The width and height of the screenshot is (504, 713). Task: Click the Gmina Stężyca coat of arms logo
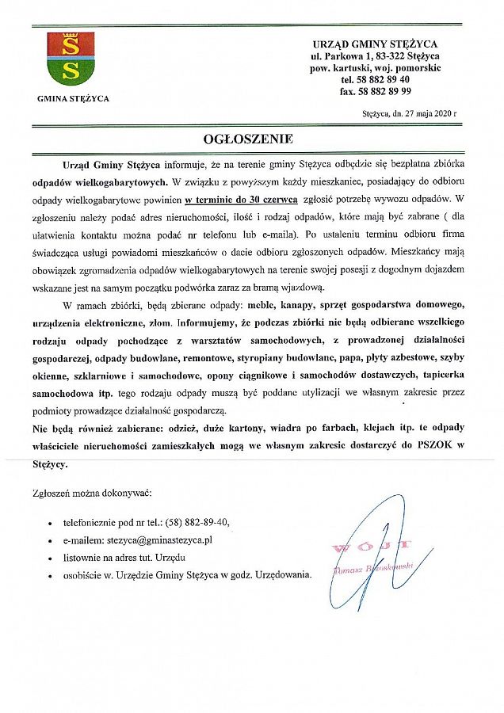click(x=71, y=59)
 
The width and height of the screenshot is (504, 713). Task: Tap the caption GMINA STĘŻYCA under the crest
click(x=74, y=99)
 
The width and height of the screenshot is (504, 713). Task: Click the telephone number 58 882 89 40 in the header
click(x=376, y=79)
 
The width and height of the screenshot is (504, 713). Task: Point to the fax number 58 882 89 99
click(x=376, y=91)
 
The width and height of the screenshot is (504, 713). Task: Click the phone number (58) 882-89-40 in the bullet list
click(x=198, y=523)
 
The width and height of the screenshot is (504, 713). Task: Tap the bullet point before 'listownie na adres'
click(x=50, y=559)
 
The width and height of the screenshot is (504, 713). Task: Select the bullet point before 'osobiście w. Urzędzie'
click(x=50, y=577)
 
